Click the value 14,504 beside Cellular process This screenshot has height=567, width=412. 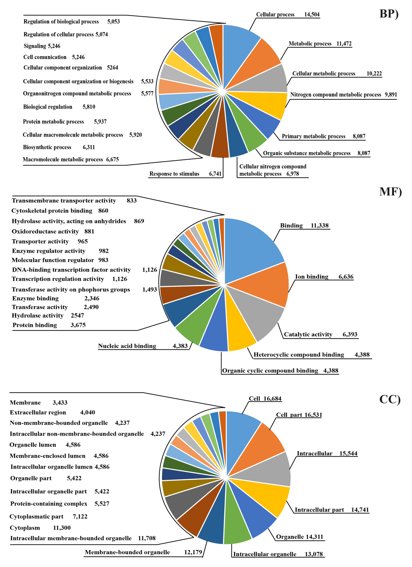click(312, 14)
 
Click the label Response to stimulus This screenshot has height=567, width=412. click(174, 174)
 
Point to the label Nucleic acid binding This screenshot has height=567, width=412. click(127, 346)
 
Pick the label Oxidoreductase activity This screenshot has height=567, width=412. click(45, 232)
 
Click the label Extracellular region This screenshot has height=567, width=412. click(38, 412)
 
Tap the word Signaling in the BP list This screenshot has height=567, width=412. click(35, 46)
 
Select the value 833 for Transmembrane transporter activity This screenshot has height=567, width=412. click(131, 201)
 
